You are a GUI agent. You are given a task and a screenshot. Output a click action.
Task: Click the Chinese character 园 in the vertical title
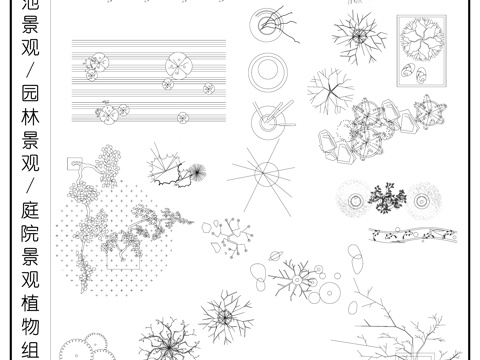click(30, 93)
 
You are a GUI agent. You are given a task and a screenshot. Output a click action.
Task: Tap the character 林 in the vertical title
click(30, 116)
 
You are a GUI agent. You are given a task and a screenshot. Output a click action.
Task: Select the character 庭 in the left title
click(30, 210)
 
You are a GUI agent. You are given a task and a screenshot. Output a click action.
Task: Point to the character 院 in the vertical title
click(30, 233)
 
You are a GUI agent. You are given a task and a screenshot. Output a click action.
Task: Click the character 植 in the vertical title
click(30, 303)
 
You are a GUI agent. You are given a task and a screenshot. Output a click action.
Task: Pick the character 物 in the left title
click(30, 327)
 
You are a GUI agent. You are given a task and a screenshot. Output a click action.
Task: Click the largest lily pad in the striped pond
click(179, 66)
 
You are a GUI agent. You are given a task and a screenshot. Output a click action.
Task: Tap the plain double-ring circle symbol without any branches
click(268, 72)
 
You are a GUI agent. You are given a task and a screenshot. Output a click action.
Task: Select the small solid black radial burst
click(198, 172)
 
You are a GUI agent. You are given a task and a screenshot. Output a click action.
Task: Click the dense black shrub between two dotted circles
click(387, 198)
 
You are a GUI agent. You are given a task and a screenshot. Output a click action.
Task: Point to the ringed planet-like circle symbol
click(276, 256)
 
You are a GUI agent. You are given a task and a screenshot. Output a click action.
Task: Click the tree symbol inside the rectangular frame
click(422, 40)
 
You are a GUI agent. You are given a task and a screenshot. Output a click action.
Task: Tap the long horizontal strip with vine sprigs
click(413, 234)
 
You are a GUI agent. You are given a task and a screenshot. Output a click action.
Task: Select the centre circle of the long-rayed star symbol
click(266, 174)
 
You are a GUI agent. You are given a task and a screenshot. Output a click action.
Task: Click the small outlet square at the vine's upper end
click(75, 164)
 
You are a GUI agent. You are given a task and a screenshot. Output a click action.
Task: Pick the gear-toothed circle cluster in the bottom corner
click(86, 347)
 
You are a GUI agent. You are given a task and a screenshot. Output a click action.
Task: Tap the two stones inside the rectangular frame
click(413, 73)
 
